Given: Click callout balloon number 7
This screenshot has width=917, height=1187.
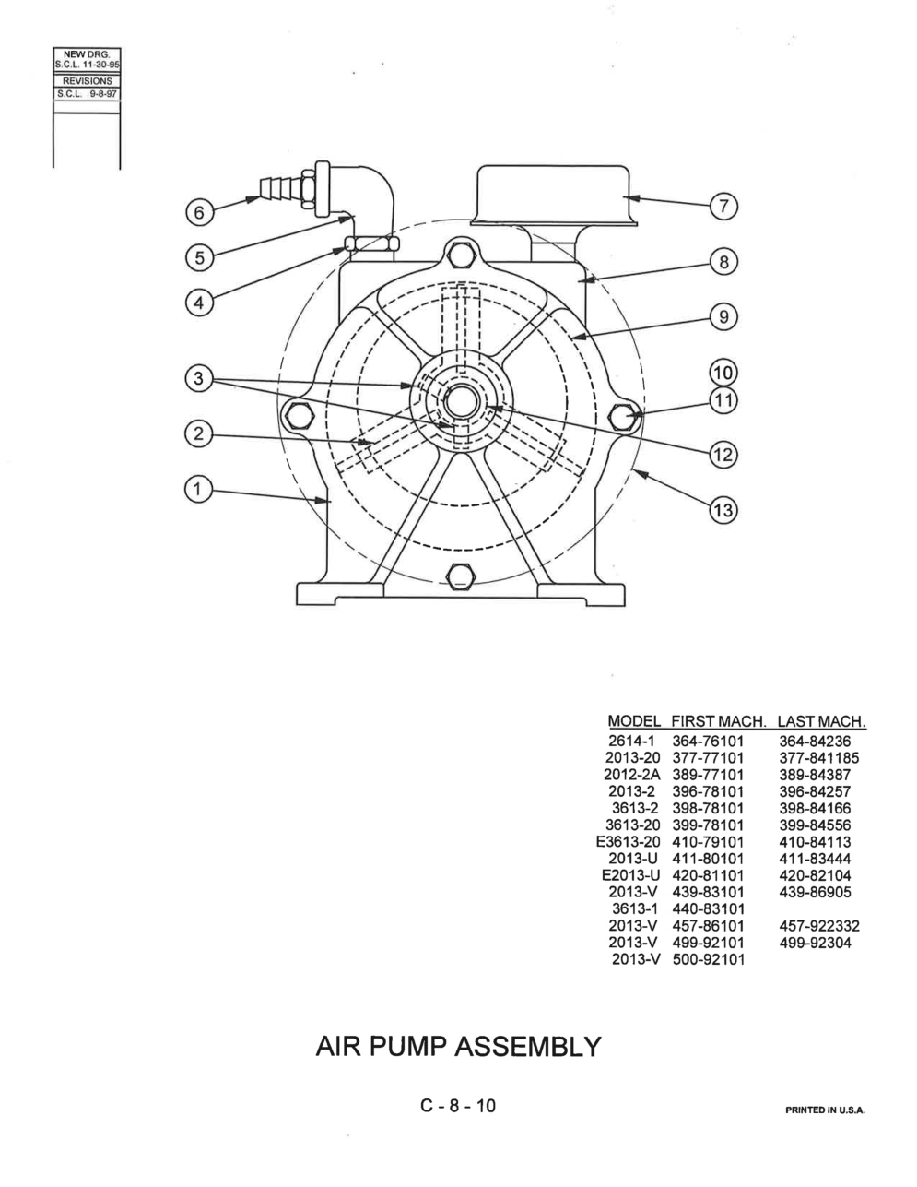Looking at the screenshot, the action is click(x=723, y=207).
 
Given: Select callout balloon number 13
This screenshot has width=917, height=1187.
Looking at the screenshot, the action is click(x=723, y=510).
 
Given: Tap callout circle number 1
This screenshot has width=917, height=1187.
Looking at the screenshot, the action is click(x=198, y=490).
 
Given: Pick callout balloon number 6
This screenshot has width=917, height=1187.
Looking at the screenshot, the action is click(x=199, y=212).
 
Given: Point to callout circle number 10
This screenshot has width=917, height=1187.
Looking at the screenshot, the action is click(x=723, y=374).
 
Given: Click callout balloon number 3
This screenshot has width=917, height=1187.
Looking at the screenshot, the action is click(x=198, y=378).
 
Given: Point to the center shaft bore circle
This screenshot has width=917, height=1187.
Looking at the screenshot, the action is click(x=462, y=402).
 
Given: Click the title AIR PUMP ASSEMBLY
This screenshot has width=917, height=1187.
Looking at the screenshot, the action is click(x=459, y=1046).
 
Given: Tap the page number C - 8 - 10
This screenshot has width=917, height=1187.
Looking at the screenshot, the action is click(x=459, y=1106).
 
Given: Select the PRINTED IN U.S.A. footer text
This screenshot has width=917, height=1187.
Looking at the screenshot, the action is click(x=826, y=1110).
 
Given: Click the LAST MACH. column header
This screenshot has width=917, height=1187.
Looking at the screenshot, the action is click(x=821, y=721).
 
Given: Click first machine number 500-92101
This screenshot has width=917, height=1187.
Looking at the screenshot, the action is click(x=708, y=959).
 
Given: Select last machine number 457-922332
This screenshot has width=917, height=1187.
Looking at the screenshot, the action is click(x=819, y=926).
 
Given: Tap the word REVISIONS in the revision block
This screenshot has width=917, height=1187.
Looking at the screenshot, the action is click(x=88, y=81).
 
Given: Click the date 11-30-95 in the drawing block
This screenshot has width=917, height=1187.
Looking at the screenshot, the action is click(x=103, y=64).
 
